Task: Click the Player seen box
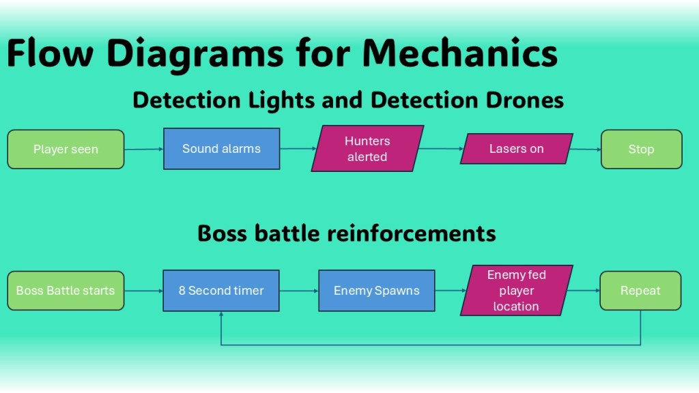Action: click(x=66, y=149)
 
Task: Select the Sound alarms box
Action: click(x=221, y=149)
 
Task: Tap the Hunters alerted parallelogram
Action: click(x=367, y=149)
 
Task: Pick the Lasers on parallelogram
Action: click(x=517, y=149)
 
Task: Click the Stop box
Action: click(x=641, y=149)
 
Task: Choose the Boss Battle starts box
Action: click(x=66, y=291)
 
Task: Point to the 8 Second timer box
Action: click(x=221, y=291)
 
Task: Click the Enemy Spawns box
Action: click(x=377, y=291)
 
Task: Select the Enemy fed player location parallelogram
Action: click(x=516, y=291)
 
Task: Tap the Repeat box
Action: click(x=640, y=291)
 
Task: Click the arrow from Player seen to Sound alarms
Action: click(x=143, y=149)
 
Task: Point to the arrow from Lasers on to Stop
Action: click(x=586, y=149)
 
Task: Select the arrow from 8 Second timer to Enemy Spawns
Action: click(x=299, y=291)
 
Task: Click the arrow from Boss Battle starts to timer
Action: click(x=143, y=291)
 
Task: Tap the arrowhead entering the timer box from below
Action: click(x=221, y=315)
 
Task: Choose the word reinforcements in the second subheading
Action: click(x=412, y=233)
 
